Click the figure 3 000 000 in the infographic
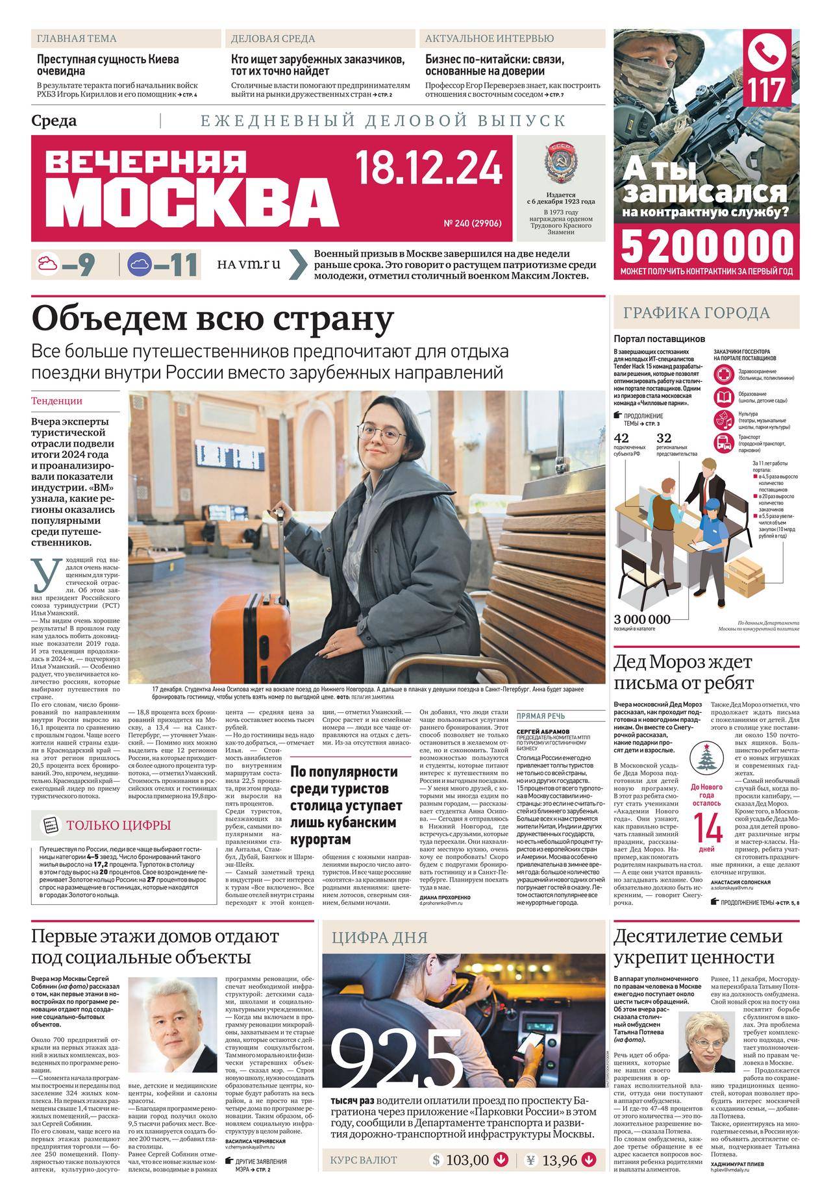642,619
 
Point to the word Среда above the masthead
54,121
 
